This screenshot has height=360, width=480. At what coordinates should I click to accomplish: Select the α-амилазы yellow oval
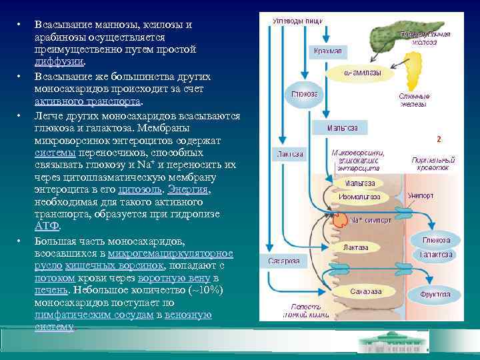click(361, 73)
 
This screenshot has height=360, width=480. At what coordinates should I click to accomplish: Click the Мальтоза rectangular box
click(343, 127)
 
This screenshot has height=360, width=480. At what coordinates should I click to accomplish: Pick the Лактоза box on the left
click(290, 154)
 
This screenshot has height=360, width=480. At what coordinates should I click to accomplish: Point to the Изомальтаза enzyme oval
click(360, 197)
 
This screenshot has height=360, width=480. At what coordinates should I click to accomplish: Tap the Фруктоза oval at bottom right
click(435, 294)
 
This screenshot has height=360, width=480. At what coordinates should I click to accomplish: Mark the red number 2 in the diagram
click(439, 140)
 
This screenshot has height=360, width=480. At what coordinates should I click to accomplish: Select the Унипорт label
click(421, 197)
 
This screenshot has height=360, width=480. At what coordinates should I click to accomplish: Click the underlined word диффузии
click(59, 61)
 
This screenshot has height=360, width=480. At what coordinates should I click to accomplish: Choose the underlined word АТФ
click(43, 226)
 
